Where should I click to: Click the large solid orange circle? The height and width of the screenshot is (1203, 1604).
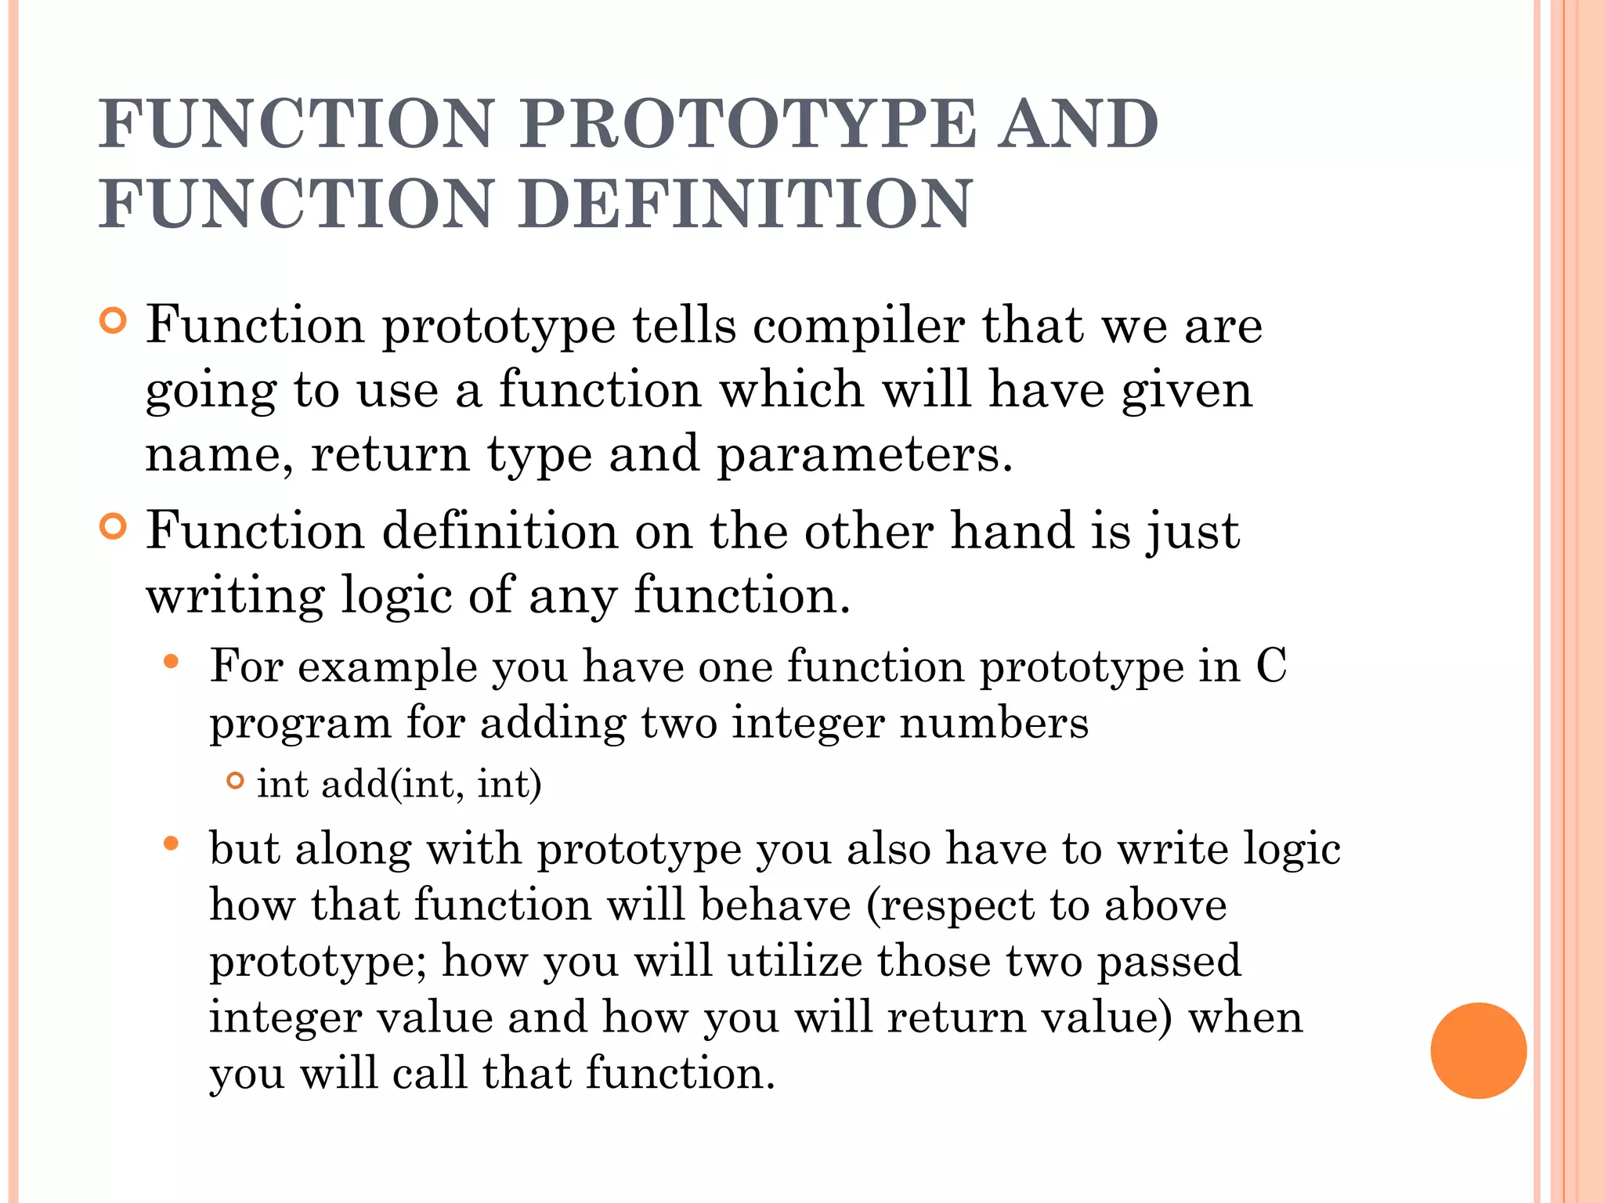click(x=1478, y=1050)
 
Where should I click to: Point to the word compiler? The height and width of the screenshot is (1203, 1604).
click(x=858, y=327)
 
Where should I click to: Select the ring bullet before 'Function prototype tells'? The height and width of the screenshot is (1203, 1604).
click(x=114, y=321)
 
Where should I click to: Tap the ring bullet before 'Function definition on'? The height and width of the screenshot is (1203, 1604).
click(x=114, y=527)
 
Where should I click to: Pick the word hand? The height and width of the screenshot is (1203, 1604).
click(x=1011, y=530)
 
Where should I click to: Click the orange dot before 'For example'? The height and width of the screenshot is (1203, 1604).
click(x=172, y=663)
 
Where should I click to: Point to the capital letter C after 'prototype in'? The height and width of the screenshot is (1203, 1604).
click(x=1271, y=667)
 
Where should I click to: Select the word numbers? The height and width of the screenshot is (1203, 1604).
click(x=994, y=722)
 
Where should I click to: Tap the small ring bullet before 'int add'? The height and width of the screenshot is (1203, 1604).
click(x=235, y=780)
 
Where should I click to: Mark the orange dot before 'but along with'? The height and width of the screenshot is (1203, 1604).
click(x=172, y=844)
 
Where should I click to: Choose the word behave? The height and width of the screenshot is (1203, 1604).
click(x=775, y=905)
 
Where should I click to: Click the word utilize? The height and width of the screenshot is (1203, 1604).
click(x=794, y=962)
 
